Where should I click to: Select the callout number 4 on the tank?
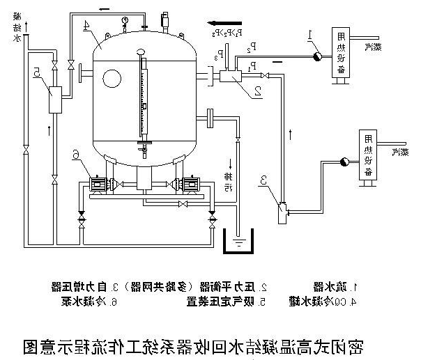click(86, 26)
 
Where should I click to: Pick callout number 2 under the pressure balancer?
click(257, 89)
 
